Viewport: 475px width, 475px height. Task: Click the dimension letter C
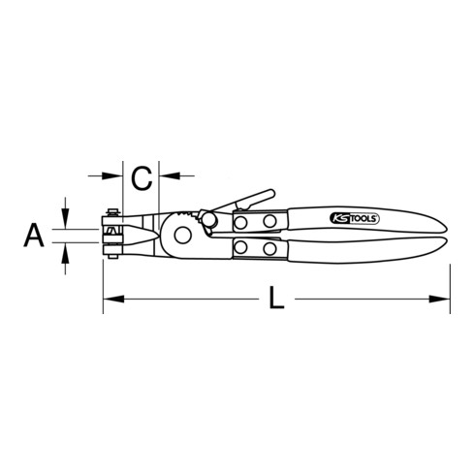pos(142,177)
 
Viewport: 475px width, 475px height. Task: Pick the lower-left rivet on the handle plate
pos(242,249)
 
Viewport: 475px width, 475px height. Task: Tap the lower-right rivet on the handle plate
pos(269,249)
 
